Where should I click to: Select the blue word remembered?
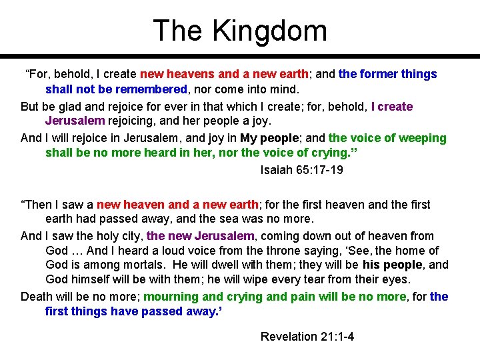click(153, 89)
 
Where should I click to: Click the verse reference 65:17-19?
click(321, 170)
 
